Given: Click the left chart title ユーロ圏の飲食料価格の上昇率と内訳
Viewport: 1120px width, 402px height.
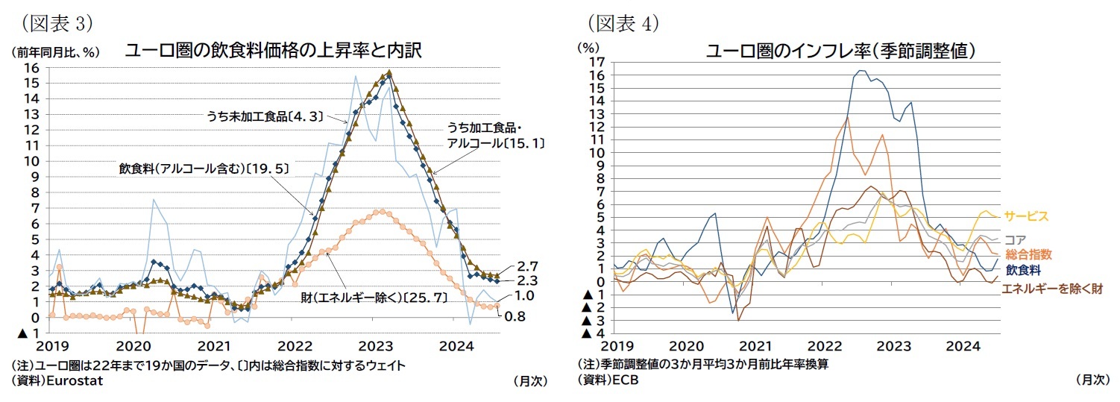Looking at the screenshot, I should click(x=274, y=51).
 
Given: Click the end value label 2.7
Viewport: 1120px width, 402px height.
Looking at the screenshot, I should click(x=527, y=266).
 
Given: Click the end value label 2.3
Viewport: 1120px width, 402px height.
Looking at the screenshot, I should click(x=527, y=281).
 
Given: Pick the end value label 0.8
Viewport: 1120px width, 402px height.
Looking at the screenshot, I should click(x=515, y=316).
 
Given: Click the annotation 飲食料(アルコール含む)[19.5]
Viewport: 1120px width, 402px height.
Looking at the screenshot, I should click(x=204, y=168).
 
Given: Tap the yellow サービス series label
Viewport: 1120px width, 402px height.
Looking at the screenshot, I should click(x=1026, y=216).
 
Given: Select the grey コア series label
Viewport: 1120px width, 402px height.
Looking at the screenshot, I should click(x=1015, y=240).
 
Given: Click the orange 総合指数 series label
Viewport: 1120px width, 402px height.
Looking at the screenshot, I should click(x=1028, y=254).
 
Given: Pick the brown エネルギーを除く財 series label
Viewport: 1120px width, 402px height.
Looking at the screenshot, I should click(x=1051, y=288).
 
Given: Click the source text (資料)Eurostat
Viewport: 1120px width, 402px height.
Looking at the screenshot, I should click(x=57, y=380).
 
